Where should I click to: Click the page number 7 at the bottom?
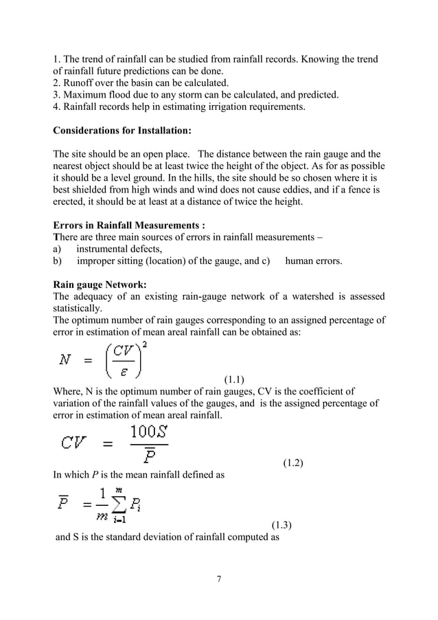[218, 578]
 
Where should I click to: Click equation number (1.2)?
[294, 463]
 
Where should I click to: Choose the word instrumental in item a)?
[104, 249]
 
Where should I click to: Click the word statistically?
[76, 308]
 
